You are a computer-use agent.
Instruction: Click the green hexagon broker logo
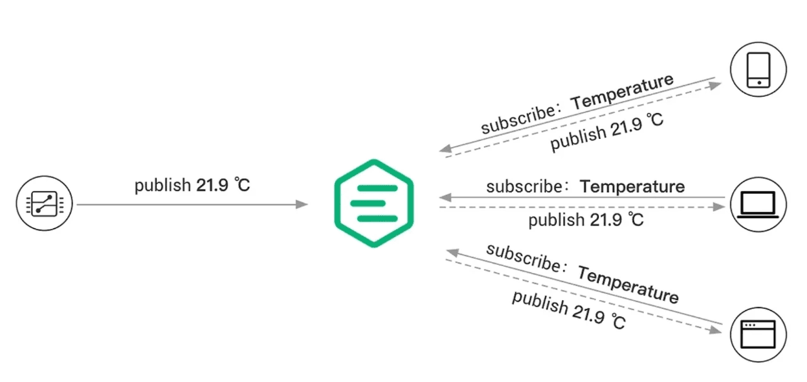tap(374, 203)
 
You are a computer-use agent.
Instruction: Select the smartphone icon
tap(759, 69)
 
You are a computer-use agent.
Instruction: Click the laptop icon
tap(759, 205)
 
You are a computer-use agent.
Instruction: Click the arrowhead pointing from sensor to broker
tap(302, 205)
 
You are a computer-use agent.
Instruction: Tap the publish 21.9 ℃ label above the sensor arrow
tap(193, 185)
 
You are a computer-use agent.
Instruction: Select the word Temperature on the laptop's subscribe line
tap(633, 186)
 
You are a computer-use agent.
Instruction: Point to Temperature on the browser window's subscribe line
tap(627, 284)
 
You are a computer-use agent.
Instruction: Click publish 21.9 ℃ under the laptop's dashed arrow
tap(586, 221)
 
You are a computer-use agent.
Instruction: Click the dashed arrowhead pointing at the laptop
tap(718, 207)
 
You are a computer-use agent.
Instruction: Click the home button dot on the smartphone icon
tap(759, 83)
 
